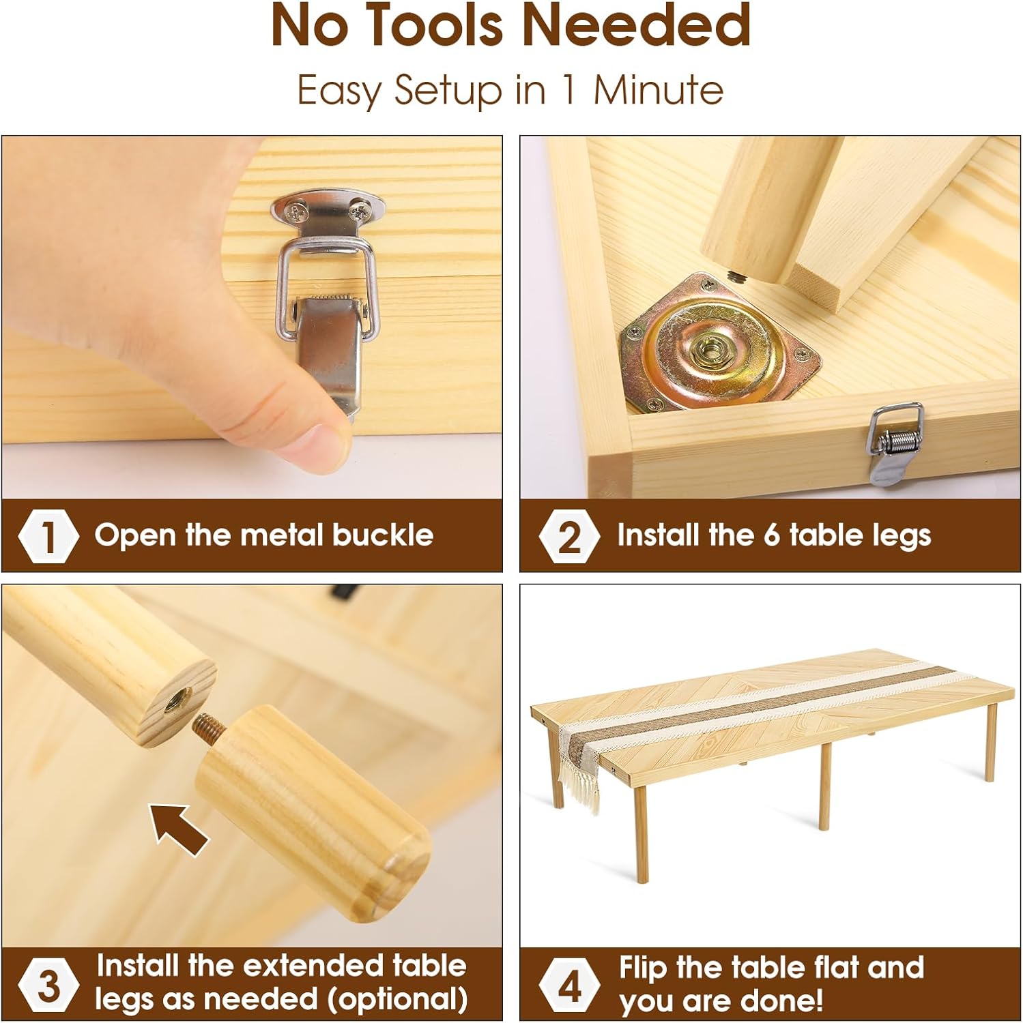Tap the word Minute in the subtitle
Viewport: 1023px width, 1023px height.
tap(658, 89)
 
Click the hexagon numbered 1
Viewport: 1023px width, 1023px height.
tap(48, 537)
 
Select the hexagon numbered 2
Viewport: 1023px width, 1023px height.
tap(569, 537)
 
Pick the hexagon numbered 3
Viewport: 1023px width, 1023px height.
tap(48, 985)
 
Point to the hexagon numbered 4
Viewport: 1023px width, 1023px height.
tap(569, 985)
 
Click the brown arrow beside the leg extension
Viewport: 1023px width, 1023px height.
tap(179, 827)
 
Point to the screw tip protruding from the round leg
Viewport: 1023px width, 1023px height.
tap(738, 276)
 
